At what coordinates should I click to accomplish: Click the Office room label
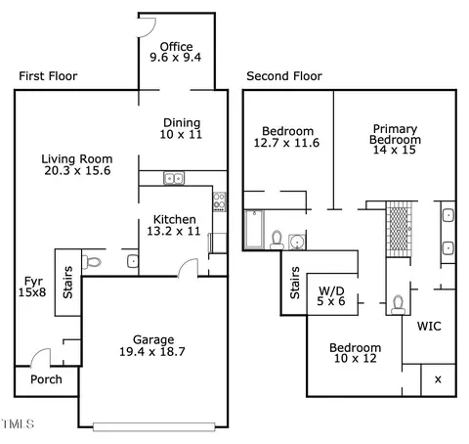click(x=176, y=47)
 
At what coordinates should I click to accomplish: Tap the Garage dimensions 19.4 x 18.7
click(x=152, y=352)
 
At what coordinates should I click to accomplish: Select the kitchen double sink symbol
click(x=174, y=178)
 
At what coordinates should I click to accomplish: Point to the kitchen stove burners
click(x=220, y=201)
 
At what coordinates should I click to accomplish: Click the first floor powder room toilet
click(x=92, y=262)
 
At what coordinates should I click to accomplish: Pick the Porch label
click(x=46, y=379)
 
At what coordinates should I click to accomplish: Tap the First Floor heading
click(x=48, y=76)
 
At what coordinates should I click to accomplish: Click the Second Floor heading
click(x=284, y=76)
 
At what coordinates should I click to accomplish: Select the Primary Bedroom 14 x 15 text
click(x=395, y=139)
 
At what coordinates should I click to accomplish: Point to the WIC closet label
click(x=429, y=326)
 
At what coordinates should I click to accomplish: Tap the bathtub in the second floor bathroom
click(x=254, y=230)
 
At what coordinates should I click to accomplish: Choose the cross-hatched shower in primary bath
click(x=399, y=229)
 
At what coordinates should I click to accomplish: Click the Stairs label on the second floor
click(x=295, y=283)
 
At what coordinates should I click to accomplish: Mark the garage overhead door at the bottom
click(x=154, y=426)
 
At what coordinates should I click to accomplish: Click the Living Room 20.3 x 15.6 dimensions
click(x=77, y=170)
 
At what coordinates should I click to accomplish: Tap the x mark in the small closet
click(x=438, y=379)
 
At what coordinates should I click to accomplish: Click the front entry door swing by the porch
click(x=40, y=357)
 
